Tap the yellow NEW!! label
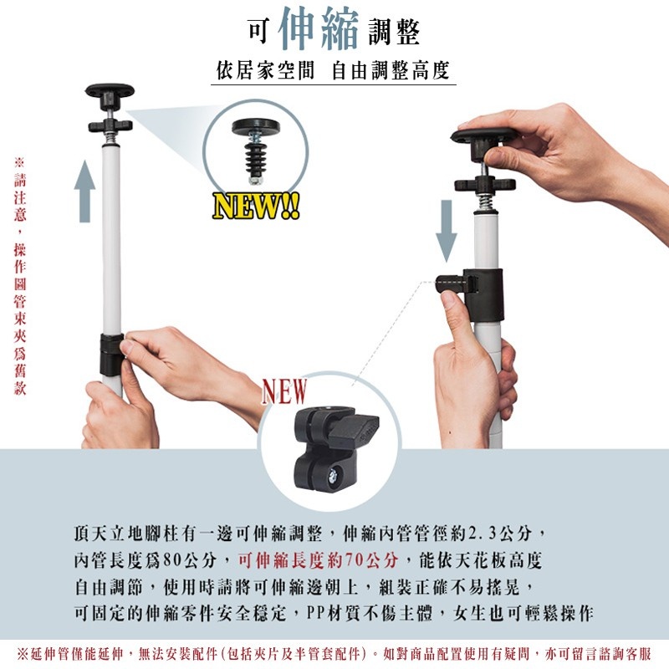255,206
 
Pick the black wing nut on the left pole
110,125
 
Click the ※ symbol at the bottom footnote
23,652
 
